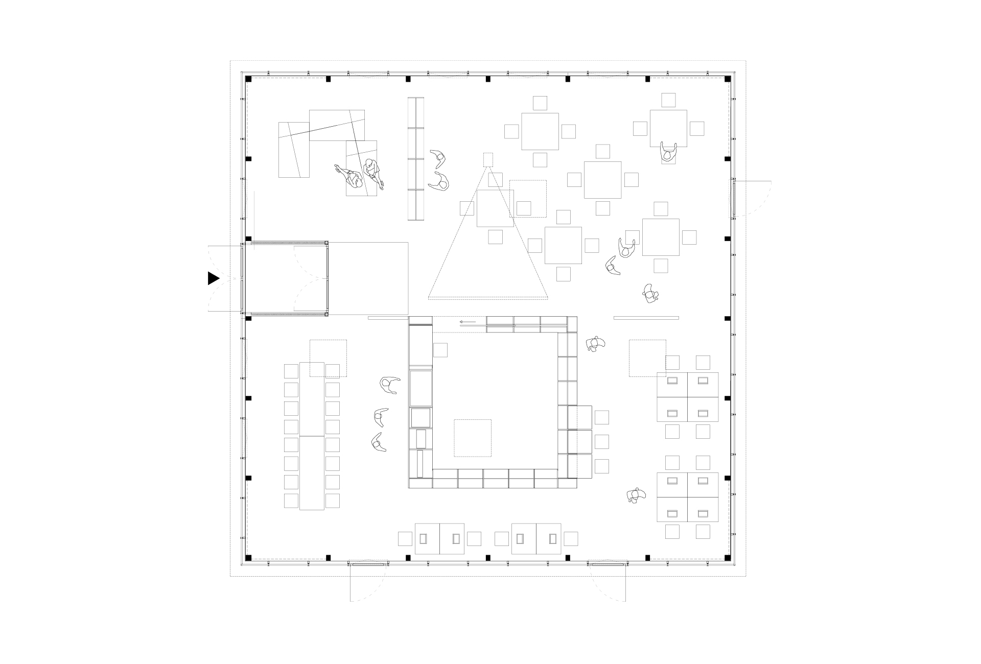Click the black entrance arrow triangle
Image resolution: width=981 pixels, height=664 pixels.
213,278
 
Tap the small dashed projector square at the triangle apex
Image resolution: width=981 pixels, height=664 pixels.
488,160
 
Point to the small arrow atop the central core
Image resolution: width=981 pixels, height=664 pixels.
468,322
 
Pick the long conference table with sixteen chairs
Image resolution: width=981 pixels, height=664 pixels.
312,436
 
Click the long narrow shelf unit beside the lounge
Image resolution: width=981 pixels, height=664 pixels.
416,159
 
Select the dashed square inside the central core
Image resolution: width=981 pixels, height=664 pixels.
473,438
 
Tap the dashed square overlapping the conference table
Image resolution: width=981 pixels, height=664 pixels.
328,359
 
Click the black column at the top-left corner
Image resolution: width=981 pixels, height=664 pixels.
249,79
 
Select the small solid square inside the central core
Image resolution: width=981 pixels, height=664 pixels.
440,350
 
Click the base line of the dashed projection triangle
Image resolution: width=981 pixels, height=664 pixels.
488,297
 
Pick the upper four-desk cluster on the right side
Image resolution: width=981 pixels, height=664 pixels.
687,397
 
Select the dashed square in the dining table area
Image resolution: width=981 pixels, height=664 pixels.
528,199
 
